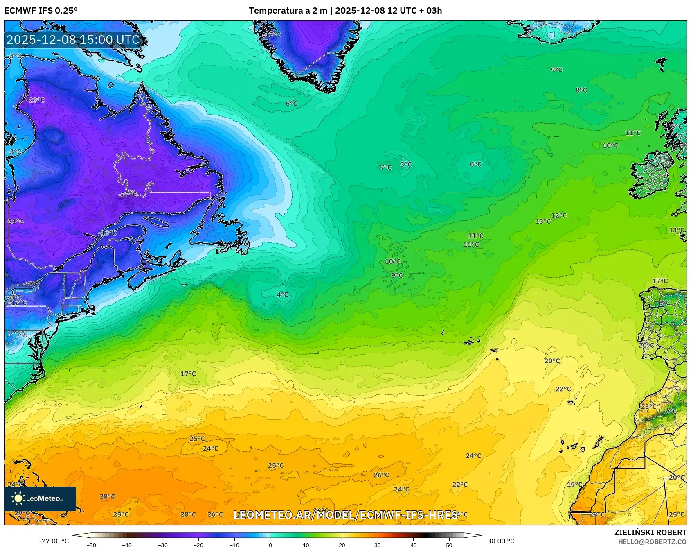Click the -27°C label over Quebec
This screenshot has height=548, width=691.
128,195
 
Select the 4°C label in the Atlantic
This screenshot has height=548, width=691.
282,294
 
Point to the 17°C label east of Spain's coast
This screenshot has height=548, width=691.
659,281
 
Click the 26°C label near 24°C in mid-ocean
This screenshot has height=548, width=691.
381,475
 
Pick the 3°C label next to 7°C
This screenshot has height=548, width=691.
406,164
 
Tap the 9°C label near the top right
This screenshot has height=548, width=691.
556,70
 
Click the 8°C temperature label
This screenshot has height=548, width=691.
581,90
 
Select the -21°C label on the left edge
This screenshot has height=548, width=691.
15,221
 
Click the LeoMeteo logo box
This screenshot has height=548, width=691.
40,498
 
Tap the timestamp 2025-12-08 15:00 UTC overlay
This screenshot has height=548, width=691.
73,40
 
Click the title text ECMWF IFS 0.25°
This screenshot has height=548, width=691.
41,11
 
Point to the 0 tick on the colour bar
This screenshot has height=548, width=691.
270,545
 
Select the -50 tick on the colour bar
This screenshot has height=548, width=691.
91,545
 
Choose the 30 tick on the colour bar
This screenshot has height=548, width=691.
377,545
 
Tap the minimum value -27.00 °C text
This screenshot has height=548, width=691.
54,541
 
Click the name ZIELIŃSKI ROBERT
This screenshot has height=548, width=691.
650,532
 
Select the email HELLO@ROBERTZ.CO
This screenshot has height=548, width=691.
652,542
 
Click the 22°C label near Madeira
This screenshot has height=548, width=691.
563,389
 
